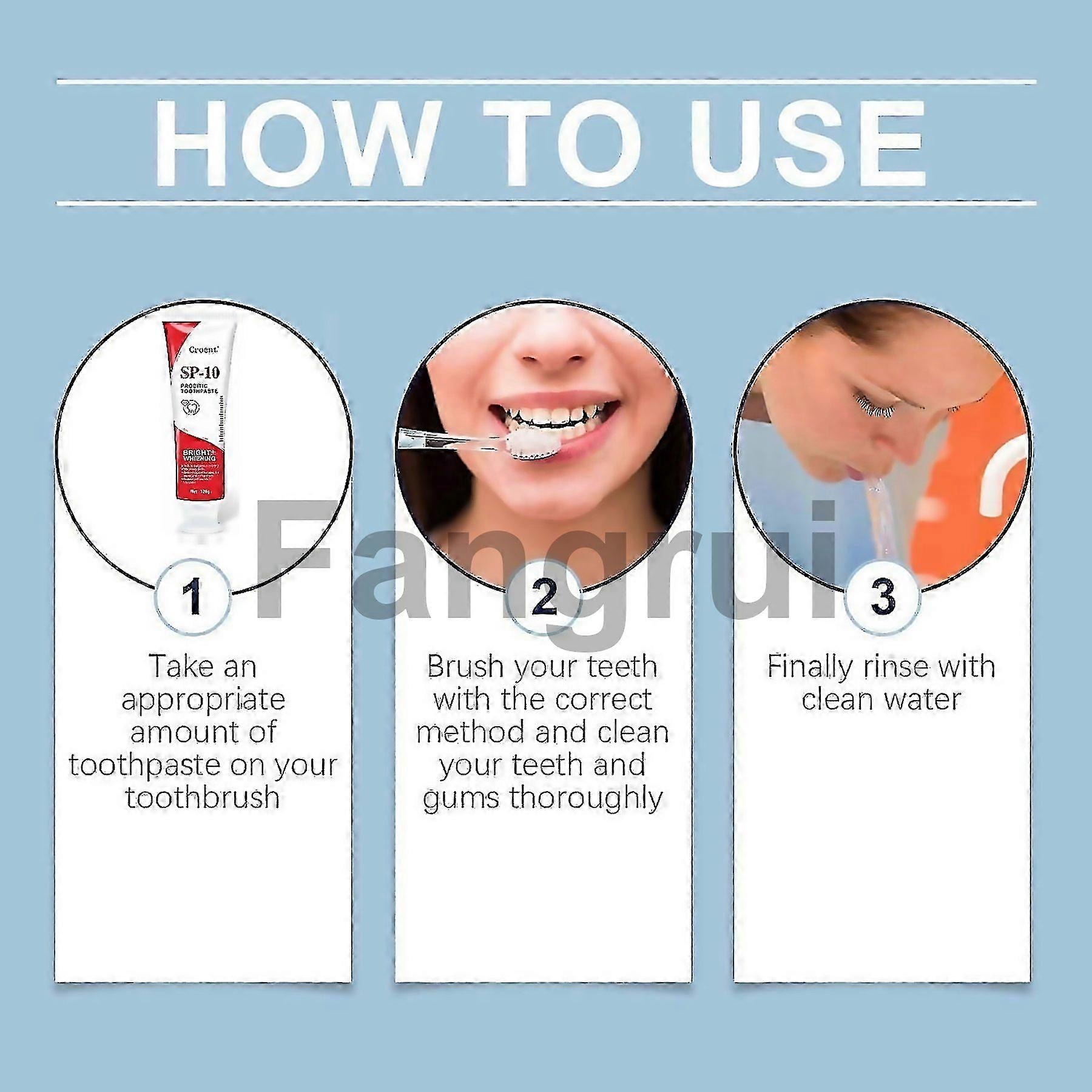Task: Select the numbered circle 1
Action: pyautogui.click(x=194, y=595)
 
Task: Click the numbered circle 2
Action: pyautogui.click(x=544, y=597)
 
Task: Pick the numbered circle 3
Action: pyautogui.click(x=883, y=595)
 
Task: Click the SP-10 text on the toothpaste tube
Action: pyautogui.click(x=198, y=371)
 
